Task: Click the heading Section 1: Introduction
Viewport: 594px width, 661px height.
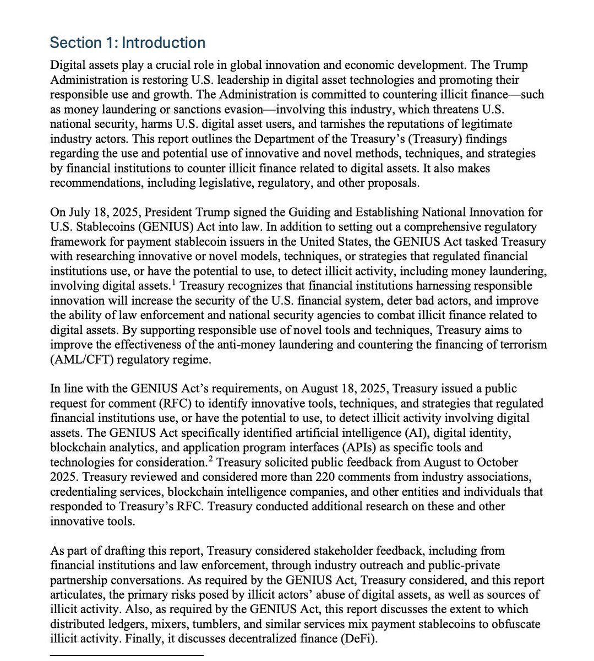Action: click(127, 43)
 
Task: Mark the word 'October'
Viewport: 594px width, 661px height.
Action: click(497, 462)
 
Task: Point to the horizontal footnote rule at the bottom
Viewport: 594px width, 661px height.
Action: click(127, 655)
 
